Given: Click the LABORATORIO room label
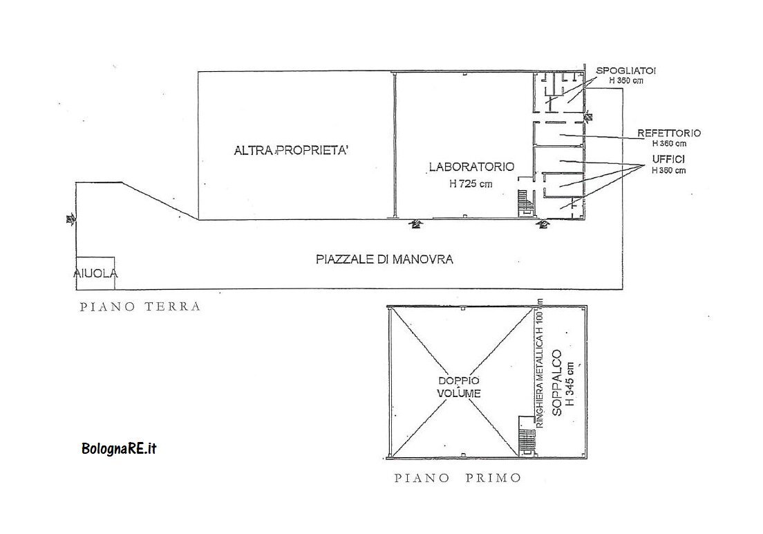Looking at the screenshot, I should (471, 167).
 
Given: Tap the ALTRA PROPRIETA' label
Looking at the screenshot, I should (290, 150).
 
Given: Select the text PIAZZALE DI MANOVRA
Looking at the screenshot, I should (384, 260).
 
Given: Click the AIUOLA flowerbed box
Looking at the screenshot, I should (96, 273).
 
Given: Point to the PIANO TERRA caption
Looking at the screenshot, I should (140, 306).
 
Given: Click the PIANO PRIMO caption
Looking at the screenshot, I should (457, 478).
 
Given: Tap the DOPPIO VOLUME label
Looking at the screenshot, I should (458, 387).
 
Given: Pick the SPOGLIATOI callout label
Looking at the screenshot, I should (626, 71).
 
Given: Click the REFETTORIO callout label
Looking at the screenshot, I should (669, 133).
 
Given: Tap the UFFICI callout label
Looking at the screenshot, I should (668, 160).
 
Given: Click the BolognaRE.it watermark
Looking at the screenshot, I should (119, 448).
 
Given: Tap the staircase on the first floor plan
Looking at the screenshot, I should (527, 440).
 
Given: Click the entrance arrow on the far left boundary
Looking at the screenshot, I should (70, 219).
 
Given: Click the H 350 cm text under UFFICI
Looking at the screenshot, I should (668, 170).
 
